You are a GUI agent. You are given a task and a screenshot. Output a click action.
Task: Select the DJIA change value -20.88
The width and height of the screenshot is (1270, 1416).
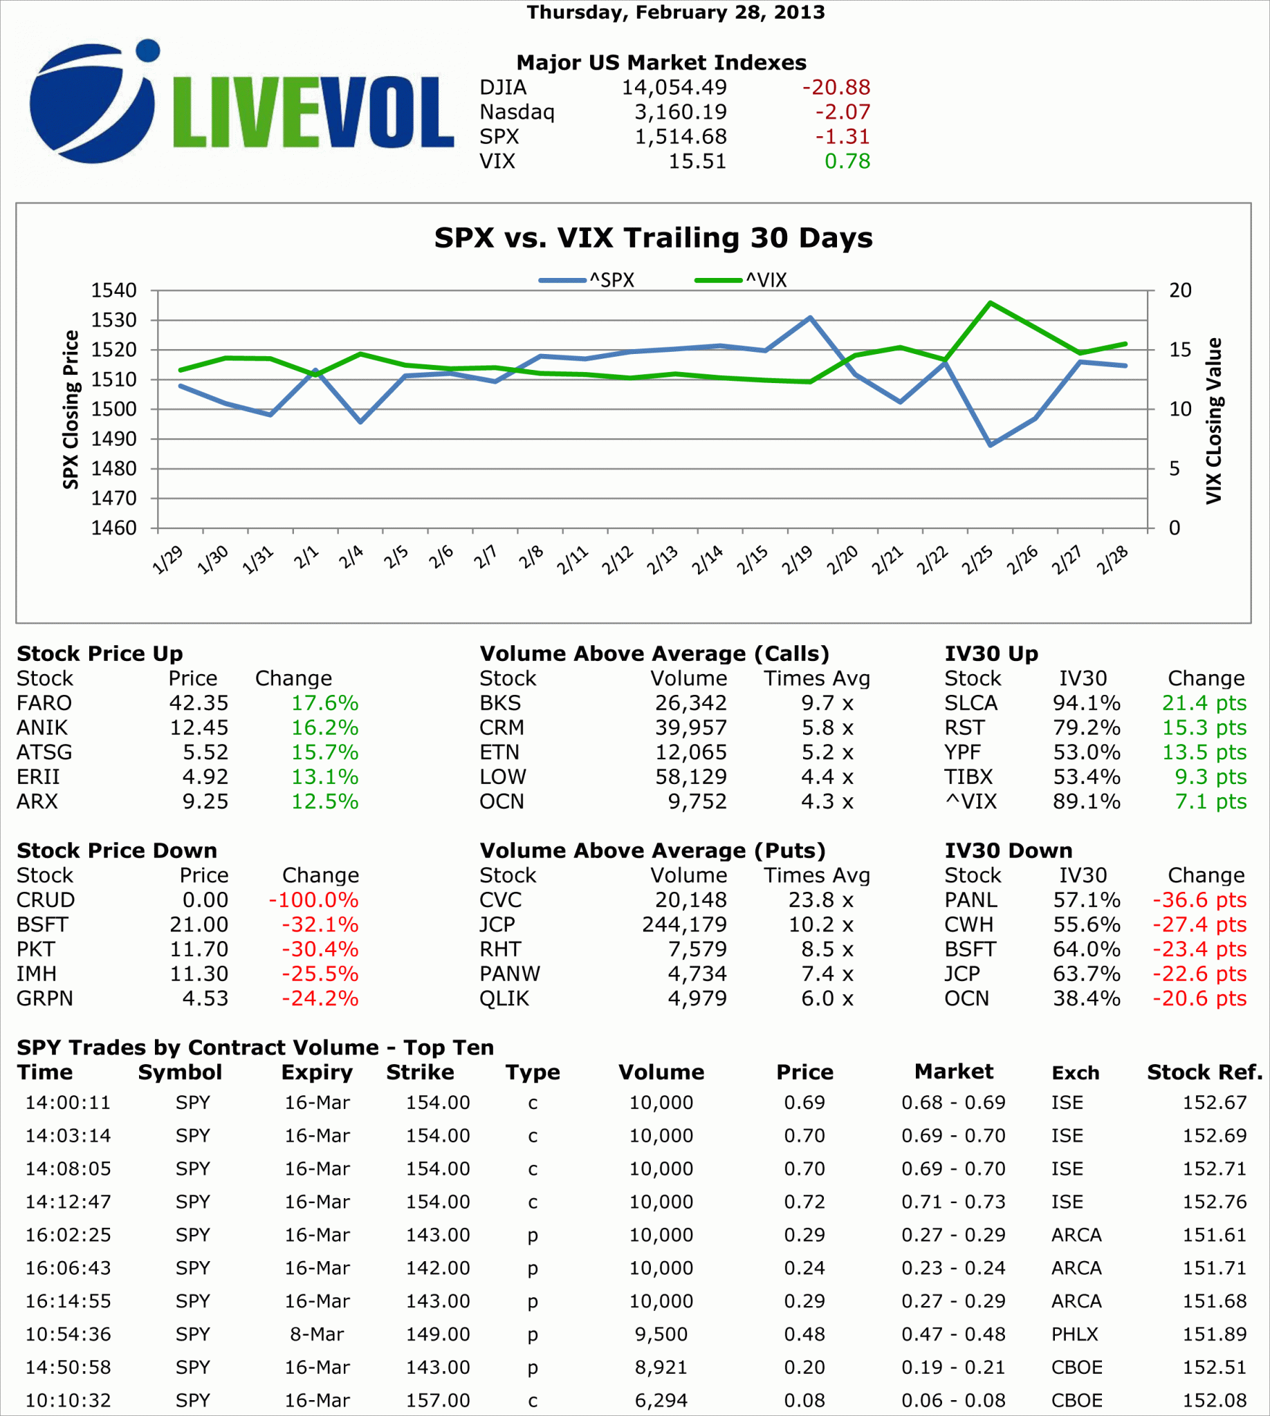[x=836, y=87]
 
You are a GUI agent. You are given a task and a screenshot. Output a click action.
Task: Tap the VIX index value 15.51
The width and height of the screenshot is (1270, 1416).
[x=697, y=161]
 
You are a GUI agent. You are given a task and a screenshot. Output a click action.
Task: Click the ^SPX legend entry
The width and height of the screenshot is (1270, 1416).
[x=587, y=281]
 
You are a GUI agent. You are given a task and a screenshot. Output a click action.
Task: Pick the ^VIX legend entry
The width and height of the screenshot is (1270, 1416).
[x=741, y=281]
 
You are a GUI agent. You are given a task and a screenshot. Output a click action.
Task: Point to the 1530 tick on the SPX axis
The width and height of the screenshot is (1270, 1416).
[x=113, y=320]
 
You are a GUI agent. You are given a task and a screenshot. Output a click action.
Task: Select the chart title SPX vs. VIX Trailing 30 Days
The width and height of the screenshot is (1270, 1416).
[x=653, y=238]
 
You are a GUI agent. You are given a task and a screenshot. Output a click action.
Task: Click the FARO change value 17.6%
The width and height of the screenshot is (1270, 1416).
[x=324, y=703]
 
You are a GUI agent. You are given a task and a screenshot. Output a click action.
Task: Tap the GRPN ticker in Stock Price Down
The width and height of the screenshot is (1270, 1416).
[x=45, y=998]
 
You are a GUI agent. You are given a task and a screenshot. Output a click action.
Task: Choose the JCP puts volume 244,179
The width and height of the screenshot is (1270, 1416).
[x=684, y=924]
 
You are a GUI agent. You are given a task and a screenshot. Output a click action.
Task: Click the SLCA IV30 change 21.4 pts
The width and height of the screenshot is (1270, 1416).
[x=1204, y=703]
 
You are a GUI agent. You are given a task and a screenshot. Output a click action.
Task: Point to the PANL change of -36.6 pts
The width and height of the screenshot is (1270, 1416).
[x=1199, y=900]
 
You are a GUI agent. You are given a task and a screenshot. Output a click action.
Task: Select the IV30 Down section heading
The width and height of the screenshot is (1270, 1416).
[x=1009, y=850]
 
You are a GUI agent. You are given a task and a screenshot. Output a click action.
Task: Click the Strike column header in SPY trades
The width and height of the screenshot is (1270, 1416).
[x=420, y=1072]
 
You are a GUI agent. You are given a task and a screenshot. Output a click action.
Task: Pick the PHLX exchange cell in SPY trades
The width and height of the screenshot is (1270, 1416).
[x=1075, y=1334]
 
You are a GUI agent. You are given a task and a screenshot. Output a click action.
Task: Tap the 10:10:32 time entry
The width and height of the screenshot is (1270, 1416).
[x=68, y=1401]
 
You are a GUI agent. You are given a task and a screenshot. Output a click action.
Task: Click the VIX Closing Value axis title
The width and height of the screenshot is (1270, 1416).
[x=1214, y=420]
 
